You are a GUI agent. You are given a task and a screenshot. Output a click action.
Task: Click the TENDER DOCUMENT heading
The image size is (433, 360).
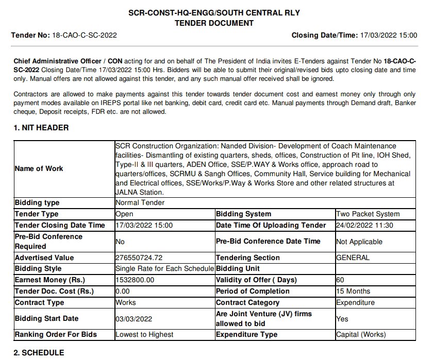coord(214,23)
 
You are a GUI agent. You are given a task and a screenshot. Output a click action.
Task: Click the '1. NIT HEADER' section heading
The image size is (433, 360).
coord(41,128)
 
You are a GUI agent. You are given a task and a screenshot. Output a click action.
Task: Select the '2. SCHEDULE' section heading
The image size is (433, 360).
coord(39,353)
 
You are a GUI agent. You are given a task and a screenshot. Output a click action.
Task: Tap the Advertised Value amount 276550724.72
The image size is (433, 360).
coord(146,258)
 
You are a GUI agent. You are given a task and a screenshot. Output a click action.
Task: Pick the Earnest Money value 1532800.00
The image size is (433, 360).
coord(135,280)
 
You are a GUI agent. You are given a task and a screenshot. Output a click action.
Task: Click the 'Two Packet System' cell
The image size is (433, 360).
coord(368,214)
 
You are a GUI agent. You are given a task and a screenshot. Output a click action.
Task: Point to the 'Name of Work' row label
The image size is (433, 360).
coord(39,168)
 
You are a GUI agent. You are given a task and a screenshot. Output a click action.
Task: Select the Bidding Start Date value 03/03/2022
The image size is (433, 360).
coord(134,318)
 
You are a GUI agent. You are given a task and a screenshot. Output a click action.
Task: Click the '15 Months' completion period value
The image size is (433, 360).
coord(352,291)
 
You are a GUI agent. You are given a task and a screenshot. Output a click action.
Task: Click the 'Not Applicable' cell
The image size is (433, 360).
coord(359,241)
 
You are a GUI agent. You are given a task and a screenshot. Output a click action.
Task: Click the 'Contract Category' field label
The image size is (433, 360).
coord(247,302)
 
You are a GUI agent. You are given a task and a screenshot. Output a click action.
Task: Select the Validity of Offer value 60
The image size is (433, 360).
coord(340,280)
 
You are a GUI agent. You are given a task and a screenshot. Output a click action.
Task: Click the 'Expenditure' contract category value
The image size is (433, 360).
coord(355,302)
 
